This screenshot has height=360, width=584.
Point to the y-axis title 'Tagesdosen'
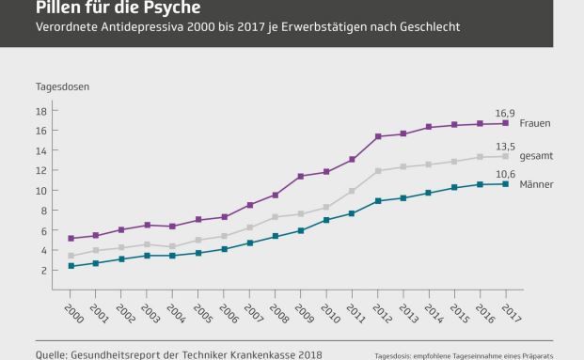57,86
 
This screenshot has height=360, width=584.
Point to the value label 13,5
505,146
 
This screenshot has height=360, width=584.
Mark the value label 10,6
505,173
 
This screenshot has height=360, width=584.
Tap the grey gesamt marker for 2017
506,156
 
